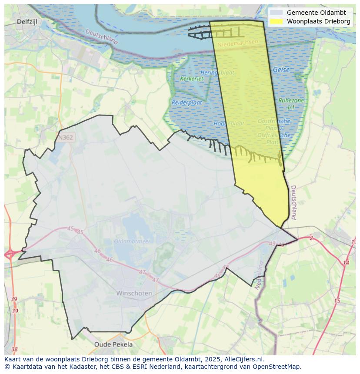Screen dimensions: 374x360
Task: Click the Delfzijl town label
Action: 28,21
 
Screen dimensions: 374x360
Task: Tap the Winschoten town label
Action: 134,293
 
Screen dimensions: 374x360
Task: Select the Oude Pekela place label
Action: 113,344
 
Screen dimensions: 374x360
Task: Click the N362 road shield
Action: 66,137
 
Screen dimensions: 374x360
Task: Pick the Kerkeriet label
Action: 192,79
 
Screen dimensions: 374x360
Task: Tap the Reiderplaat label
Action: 187,103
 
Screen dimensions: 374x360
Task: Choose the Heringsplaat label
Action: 217,73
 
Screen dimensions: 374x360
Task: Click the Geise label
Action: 281,70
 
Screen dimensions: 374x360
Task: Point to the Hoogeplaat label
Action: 229,123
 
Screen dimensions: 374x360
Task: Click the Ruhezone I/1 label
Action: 291,103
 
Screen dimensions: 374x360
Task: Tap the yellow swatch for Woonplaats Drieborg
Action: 276,21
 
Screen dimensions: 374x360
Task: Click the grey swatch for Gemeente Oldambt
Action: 276,13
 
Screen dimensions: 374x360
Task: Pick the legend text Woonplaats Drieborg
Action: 318,21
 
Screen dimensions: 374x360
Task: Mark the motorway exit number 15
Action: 337,301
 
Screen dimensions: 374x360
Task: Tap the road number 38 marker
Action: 14,349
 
